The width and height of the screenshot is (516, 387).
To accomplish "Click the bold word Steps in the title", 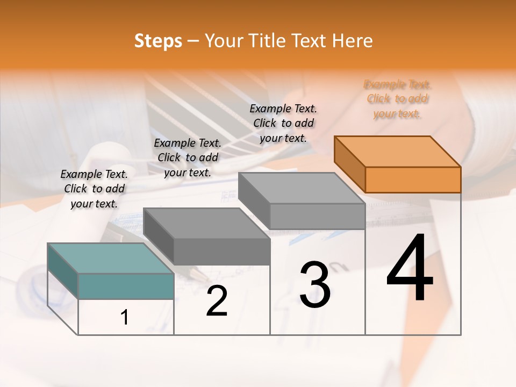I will coord(158,41).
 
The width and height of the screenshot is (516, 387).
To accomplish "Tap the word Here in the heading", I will coord(353,41).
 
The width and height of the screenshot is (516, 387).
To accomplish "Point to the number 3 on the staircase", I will coord(314,285).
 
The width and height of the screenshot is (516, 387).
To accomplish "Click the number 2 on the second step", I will coord(217,301).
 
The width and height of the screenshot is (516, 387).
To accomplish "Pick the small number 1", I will coord(125,318).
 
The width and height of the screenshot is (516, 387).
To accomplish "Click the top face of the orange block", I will coord(398,152).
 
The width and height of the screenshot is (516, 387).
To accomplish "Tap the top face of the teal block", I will coord(111,259).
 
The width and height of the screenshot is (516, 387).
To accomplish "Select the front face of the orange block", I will coord(413,180).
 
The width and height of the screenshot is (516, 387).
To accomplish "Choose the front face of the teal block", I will coord(126,286).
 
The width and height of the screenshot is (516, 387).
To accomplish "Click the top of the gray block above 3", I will coord(302,188).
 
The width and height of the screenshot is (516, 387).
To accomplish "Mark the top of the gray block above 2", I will coord(207,223).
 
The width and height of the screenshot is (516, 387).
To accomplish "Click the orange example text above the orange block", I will coord(397,99).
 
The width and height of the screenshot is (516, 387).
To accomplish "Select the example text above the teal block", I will coord(94,189).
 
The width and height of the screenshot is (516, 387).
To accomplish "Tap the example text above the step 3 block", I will coord(283,123).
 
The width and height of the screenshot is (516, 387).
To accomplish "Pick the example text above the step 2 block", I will coord(188,157).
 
